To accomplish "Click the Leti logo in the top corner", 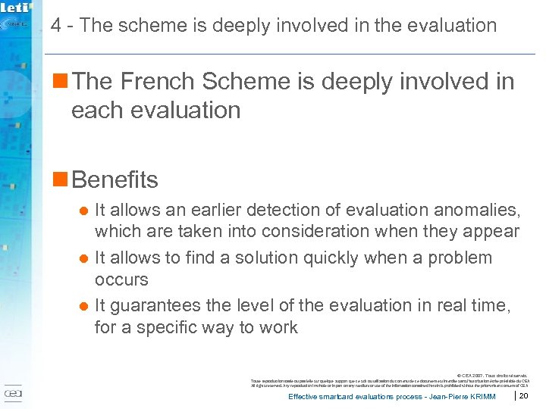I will coord(16,9).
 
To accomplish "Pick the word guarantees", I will coord(157,306).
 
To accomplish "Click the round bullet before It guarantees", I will coord(84,306).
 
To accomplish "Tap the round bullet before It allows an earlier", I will coord(84,209).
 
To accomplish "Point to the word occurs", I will coord(121,279).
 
